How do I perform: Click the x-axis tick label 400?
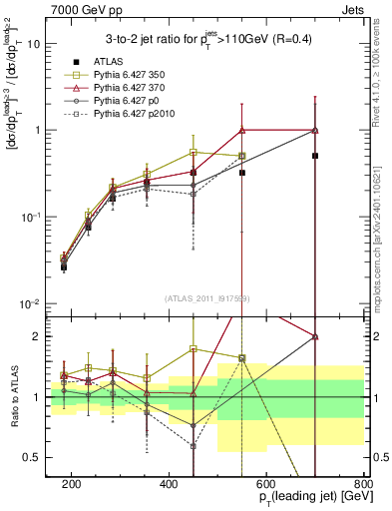click(x=169, y=483)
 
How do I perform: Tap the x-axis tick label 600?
click(x=266, y=483)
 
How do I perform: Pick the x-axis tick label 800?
click(x=363, y=483)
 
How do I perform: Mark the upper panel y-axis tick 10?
click(x=37, y=44)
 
